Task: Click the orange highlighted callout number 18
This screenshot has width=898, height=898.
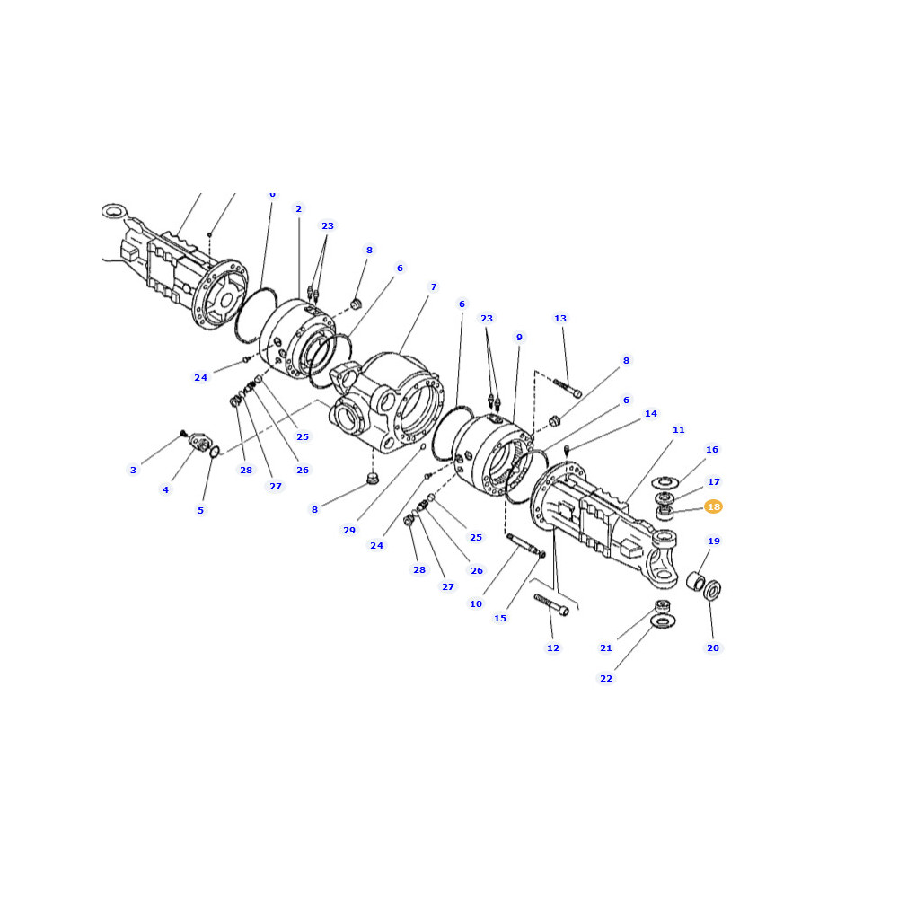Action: coord(713,506)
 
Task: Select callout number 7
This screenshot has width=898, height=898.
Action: coord(434,287)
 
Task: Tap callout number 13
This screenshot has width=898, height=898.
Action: coord(560,319)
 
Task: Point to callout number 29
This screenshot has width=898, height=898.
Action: coord(349,531)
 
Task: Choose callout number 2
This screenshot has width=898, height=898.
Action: coord(298,209)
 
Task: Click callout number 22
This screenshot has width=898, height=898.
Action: coord(606,679)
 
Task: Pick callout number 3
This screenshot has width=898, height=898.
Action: coord(134,471)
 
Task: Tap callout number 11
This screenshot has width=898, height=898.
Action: coord(679,429)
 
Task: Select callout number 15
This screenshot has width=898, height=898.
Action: coord(500,619)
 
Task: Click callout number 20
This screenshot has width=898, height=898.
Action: coord(713,647)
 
